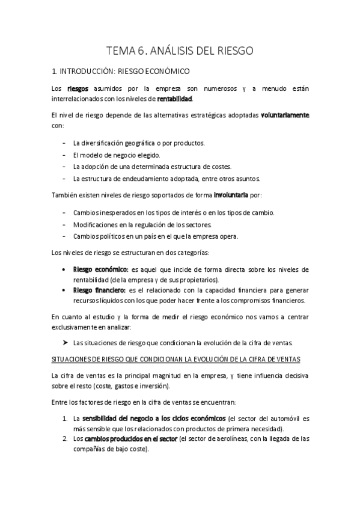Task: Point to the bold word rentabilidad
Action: (x=175, y=99)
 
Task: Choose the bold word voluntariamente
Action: (x=285, y=114)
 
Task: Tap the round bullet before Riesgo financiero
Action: (x=64, y=290)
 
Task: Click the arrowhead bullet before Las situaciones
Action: (x=65, y=343)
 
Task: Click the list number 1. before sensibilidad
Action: (x=65, y=417)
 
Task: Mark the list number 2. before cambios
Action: (x=65, y=438)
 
